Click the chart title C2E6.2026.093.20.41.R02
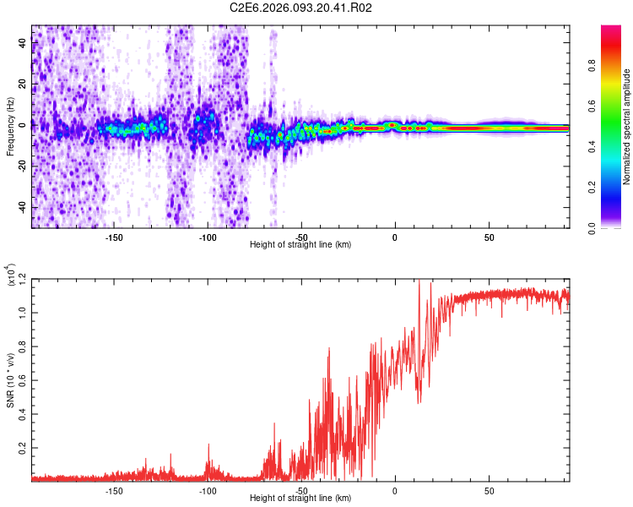tap(300, 8)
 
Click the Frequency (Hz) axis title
tap(10, 127)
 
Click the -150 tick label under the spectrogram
tap(114, 237)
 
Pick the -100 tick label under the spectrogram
tap(208, 237)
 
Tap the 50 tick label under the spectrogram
tap(489, 237)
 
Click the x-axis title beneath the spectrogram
tap(300, 245)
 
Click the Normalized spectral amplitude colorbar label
tap(627, 127)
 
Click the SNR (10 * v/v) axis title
tap(10, 380)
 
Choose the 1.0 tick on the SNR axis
tap(20, 313)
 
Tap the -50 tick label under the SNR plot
tap(301, 491)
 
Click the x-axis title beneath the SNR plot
tap(300, 499)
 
